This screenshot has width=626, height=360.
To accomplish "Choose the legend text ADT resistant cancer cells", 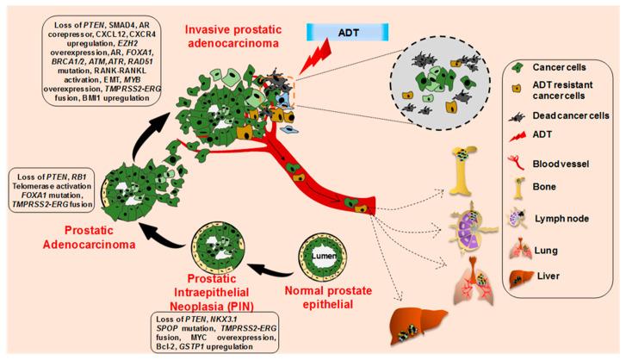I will pyautogui.click(x=565, y=85).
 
